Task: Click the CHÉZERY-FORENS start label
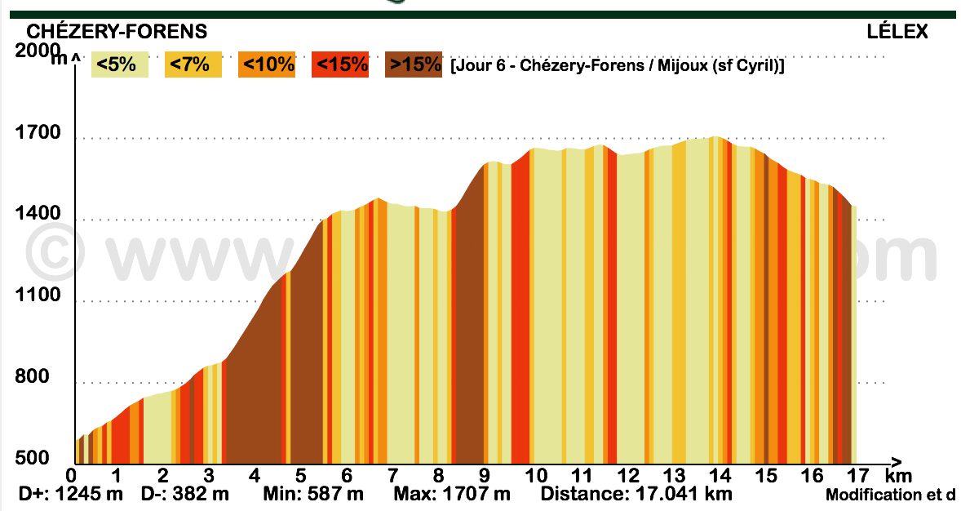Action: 117,32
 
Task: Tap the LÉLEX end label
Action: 897,32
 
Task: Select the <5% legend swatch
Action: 119,64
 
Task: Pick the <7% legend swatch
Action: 193,64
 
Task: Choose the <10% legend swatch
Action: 266,64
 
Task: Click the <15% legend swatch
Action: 340,64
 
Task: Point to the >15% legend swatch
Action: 414,64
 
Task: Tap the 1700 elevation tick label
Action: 38,133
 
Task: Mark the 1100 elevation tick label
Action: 38,295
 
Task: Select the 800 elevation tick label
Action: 32,377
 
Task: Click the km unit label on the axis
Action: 898,476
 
